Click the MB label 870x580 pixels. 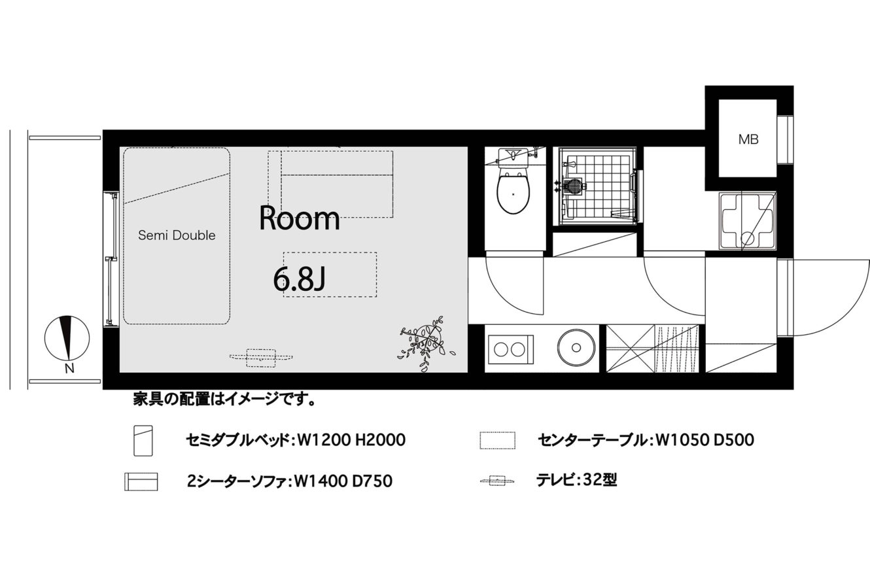pyautogui.click(x=748, y=139)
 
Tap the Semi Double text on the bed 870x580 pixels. pyautogui.click(x=177, y=235)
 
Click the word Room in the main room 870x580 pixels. pyautogui.click(x=300, y=218)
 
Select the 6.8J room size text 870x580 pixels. pyautogui.click(x=299, y=279)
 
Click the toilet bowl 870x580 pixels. pyautogui.click(x=513, y=193)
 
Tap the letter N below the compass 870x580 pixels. pyautogui.click(x=69, y=368)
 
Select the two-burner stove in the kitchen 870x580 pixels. pyautogui.click(x=510, y=349)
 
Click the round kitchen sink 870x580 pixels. pyautogui.click(x=576, y=348)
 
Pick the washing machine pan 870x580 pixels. pyautogui.click(x=747, y=220)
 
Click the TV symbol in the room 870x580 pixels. pyautogui.click(x=261, y=358)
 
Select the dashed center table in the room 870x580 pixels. pyautogui.click(x=330, y=275)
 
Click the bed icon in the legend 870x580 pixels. pyautogui.click(x=143, y=440)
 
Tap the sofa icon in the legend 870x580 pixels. pyautogui.click(x=141, y=482)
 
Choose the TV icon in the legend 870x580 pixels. pyautogui.click(x=496, y=481)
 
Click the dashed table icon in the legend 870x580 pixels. pyautogui.click(x=498, y=441)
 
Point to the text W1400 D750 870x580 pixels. pyautogui.click(x=343, y=481)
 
